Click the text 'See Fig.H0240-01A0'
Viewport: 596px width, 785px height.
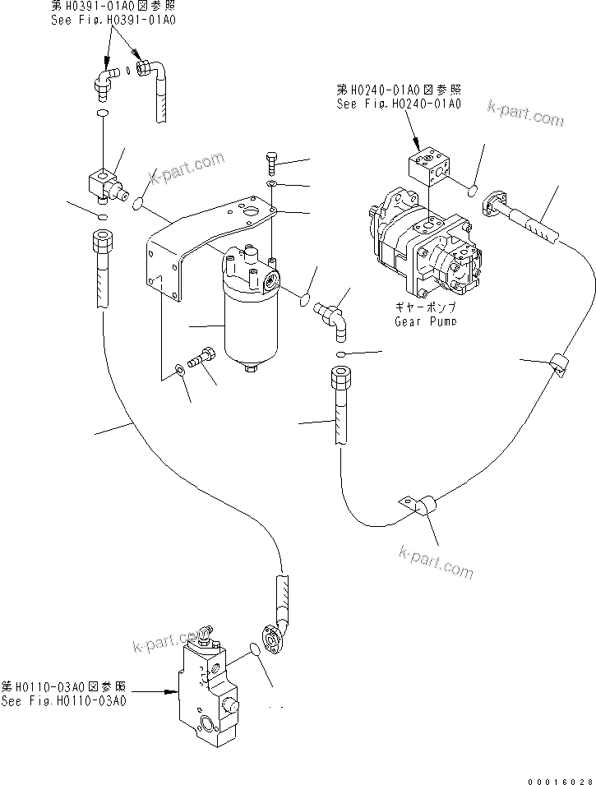(398, 104)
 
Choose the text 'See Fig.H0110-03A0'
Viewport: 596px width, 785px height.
(64, 700)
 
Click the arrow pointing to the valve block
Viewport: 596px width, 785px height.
(173, 693)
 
